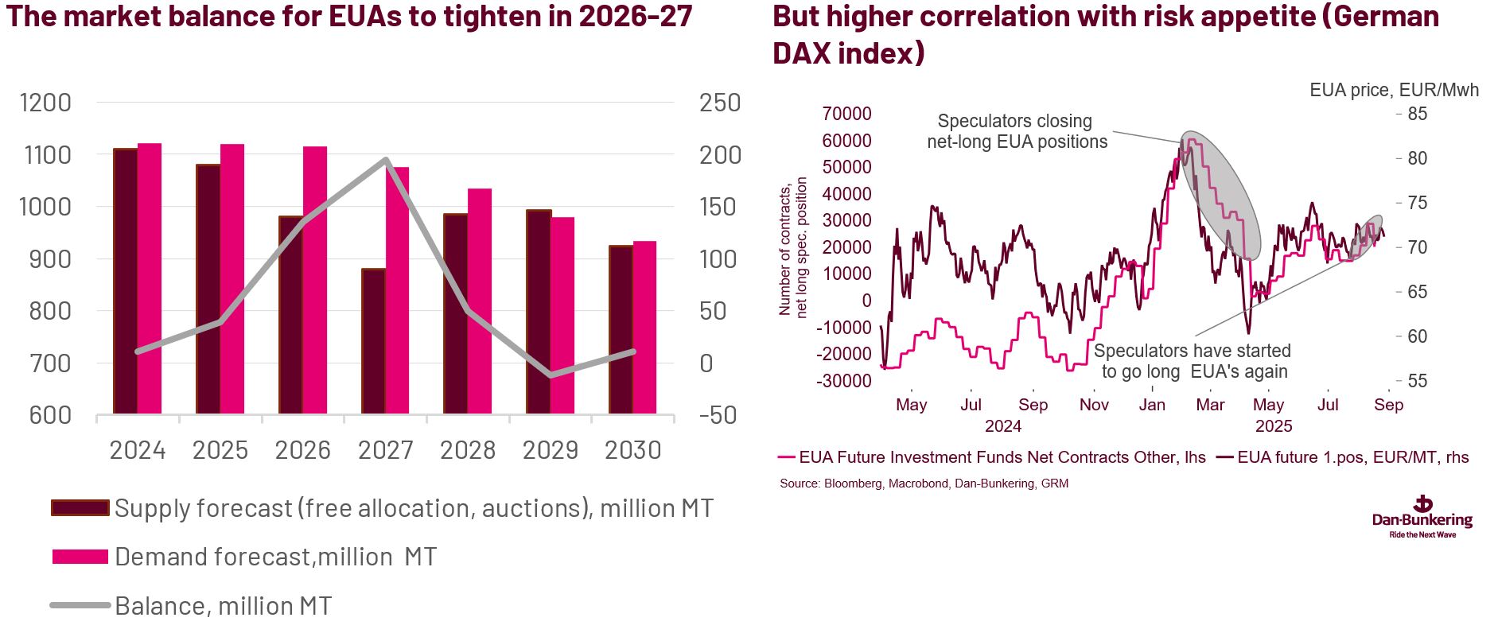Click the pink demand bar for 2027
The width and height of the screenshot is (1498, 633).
tap(397, 290)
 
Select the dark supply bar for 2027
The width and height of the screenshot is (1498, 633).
tap(373, 341)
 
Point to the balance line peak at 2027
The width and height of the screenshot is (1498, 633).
tap(386, 160)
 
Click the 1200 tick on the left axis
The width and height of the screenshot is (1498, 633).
tap(45, 103)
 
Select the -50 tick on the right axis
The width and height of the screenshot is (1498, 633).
tap(718, 415)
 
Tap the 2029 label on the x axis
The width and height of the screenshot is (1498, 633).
tap(550, 451)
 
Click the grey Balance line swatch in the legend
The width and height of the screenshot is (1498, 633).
tap(80, 606)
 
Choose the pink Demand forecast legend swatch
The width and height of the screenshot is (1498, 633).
tap(80, 557)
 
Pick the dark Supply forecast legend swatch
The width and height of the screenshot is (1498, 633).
tap(80, 508)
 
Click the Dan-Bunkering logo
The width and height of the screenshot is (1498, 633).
tap(1422, 517)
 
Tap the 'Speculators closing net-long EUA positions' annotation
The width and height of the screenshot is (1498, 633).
tap(1017, 132)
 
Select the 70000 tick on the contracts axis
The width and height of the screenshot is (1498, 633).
tap(846, 114)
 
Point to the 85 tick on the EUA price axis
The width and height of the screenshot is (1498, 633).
tap(1417, 114)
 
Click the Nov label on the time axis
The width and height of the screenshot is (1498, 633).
tap(1094, 405)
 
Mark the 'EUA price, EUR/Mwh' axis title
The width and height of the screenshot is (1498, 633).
tap(1394, 90)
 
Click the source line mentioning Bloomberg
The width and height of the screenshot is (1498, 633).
tap(924, 483)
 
